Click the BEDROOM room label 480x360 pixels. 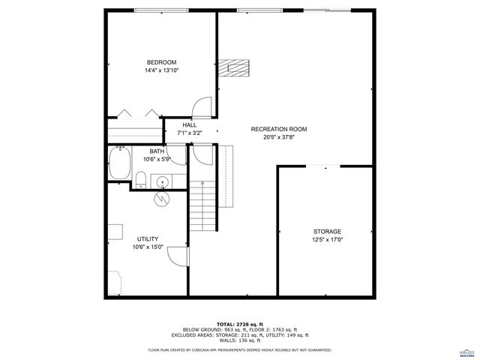[161, 61]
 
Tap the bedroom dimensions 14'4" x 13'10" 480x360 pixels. [161, 70]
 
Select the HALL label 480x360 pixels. [189, 125]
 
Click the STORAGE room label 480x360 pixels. [327, 231]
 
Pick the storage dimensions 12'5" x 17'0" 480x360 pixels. [327, 240]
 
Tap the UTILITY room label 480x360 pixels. [147, 238]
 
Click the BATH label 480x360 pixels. [157, 151]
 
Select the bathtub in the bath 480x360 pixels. [118, 163]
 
